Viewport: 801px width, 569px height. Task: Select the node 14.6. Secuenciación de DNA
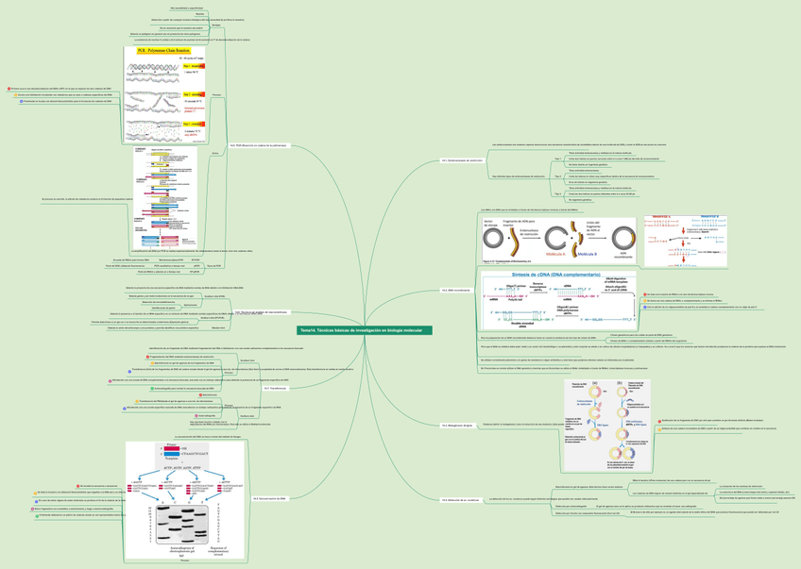(x=269, y=497)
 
